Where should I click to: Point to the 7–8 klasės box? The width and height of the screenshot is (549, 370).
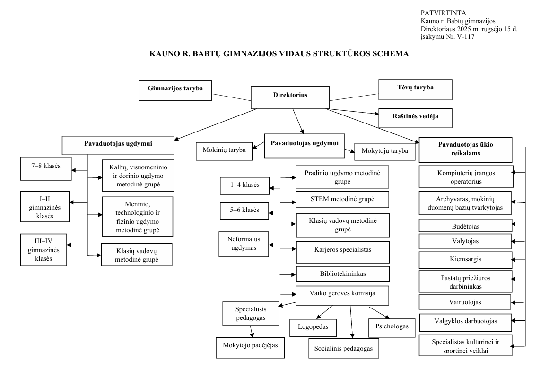(x=45, y=167)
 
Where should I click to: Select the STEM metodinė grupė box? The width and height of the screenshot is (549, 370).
(x=342, y=199)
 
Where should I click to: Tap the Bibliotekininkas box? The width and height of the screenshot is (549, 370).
(x=342, y=274)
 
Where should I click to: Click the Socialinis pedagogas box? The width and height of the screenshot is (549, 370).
(x=343, y=349)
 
